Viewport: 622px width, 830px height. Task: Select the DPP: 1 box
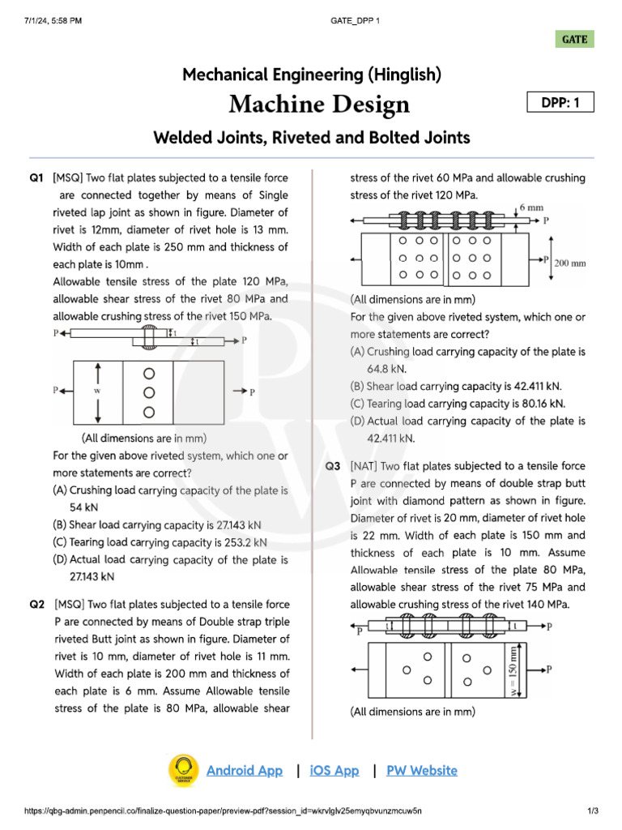coord(560,102)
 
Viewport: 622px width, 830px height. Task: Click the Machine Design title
coord(319,104)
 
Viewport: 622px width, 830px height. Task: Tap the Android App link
coord(245,771)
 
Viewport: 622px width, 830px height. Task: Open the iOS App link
coord(334,771)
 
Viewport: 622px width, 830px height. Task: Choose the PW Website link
coord(422,771)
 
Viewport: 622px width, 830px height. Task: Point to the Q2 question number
coord(36,604)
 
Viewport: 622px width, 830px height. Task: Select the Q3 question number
coord(333,467)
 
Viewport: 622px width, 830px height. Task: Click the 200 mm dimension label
coord(570,263)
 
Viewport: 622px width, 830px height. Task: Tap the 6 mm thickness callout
coord(531,207)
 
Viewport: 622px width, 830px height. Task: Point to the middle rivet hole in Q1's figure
coord(148,392)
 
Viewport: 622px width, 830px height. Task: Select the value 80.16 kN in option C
coord(539,404)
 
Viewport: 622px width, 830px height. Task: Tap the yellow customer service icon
coord(183,771)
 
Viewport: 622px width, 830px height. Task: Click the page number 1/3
coord(593,811)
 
